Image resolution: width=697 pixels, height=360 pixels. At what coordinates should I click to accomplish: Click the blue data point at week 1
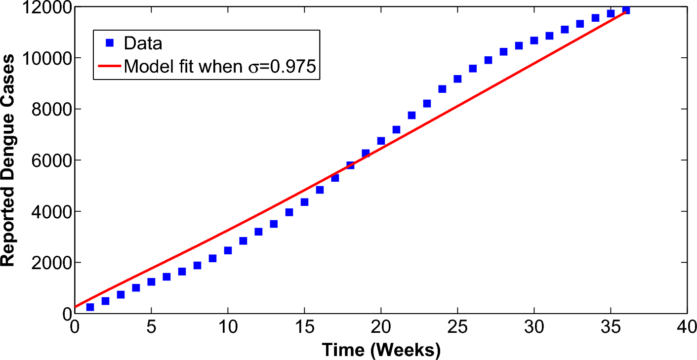point(90,307)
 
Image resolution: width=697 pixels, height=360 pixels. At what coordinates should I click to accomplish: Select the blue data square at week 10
point(228,250)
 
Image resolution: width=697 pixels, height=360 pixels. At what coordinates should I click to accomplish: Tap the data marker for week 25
point(457,79)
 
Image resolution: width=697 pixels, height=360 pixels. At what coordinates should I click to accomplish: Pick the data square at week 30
point(534,40)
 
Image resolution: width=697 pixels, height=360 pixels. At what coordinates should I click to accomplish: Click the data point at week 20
point(381,141)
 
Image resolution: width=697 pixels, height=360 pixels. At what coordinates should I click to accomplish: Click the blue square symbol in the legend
point(110,43)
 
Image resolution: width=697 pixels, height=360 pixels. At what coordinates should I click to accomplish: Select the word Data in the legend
point(143,43)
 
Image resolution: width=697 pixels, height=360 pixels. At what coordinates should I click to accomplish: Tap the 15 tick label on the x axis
point(304,327)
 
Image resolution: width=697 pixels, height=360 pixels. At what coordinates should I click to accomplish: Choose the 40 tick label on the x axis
point(687,327)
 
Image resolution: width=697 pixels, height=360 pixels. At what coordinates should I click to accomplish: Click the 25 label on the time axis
point(457,327)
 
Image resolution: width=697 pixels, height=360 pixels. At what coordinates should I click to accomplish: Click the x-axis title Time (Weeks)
point(381,350)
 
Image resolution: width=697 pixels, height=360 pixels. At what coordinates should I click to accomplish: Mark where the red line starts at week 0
point(76,307)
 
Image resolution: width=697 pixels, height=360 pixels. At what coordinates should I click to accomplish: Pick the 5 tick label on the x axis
point(151,327)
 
